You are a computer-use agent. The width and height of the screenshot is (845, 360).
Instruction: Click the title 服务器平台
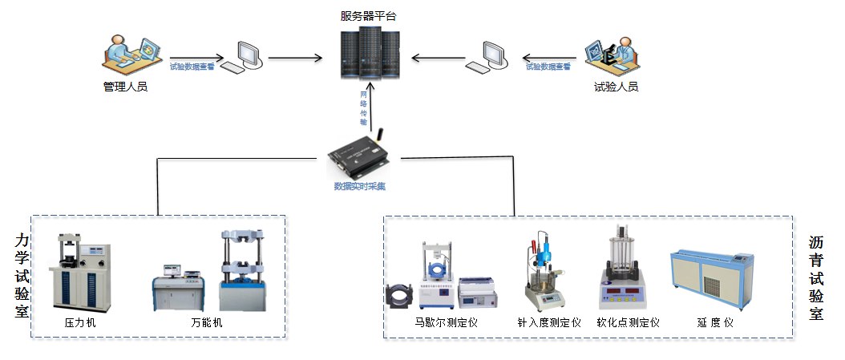coord(368,16)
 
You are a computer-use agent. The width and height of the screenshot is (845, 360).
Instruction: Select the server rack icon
coord(368,53)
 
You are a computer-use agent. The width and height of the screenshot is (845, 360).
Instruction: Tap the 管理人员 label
coord(126,87)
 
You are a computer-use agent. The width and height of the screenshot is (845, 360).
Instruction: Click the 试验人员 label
coord(616,87)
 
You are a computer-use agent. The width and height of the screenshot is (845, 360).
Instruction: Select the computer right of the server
coord(492,56)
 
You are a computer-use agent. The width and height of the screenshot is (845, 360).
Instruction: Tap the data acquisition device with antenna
coord(360,157)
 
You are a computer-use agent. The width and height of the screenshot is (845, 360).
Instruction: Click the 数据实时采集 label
coord(360,187)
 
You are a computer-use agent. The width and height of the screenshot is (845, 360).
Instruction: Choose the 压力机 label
coord(79,323)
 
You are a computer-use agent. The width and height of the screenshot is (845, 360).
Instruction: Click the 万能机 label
coord(207,323)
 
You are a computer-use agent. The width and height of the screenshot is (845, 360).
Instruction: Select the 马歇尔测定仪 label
coord(446,323)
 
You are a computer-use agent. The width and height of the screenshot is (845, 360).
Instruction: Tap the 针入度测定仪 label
coord(549,323)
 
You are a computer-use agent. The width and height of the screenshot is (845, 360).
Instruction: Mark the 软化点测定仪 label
coord(628,323)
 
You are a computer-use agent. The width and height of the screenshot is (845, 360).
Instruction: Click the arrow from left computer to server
coord(294,58)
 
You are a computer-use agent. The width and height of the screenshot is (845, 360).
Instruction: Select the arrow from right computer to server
coord(439,58)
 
